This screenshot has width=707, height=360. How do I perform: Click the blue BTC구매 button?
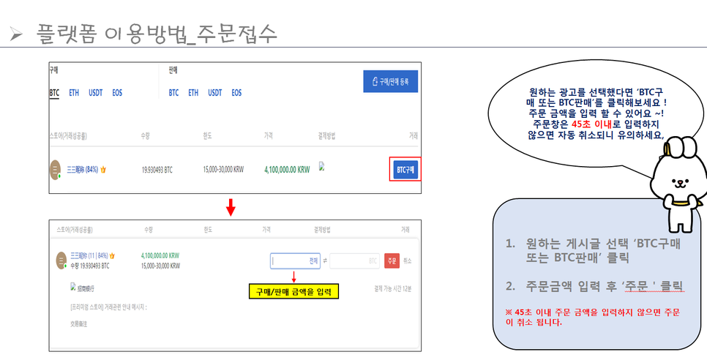point(405,169)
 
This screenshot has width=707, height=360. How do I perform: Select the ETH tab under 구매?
point(74,93)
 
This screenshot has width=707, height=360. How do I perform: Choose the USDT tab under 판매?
point(214,93)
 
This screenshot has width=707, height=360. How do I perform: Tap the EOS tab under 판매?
point(236,93)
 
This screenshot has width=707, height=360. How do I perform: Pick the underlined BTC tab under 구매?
point(54,93)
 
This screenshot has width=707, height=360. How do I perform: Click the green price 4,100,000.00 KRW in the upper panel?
point(287,170)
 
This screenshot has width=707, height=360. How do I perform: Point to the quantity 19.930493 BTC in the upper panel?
point(157,170)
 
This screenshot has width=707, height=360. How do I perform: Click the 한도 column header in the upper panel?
point(207,136)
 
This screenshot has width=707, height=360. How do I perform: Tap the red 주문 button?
point(392,260)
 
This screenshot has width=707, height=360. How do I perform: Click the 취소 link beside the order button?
point(408,260)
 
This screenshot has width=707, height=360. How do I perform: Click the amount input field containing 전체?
point(296,260)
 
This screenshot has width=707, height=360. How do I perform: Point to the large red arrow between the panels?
point(231,208)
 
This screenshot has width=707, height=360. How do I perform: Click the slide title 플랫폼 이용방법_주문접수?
point(157,34)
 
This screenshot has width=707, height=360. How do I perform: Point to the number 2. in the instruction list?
point(511,284)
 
